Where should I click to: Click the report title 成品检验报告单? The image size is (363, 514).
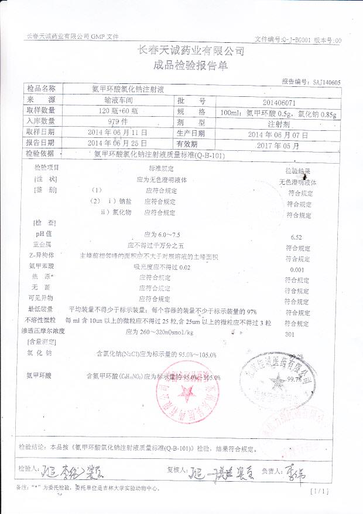182,66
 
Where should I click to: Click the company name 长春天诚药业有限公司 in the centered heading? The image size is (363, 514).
182,51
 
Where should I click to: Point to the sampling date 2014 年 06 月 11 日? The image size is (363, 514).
117,133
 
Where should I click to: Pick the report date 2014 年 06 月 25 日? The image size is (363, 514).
117,143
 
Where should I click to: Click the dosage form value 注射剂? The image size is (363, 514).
278,124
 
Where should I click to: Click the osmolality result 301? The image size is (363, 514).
289,334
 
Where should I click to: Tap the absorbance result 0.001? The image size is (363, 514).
297,269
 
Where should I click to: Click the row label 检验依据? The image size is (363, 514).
40,154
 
